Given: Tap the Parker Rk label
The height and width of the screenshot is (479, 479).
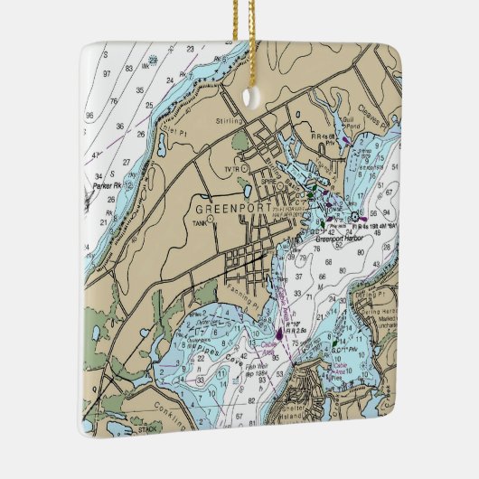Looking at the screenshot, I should (106, 186).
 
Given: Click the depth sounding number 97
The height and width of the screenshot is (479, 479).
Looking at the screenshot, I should (108, 72).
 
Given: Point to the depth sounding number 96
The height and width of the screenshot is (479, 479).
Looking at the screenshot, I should (89, 115).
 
